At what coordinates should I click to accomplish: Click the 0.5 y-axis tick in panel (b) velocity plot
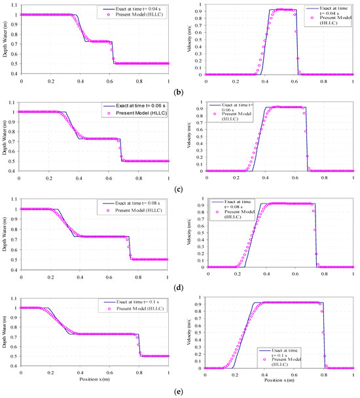(x=198, y=40)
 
